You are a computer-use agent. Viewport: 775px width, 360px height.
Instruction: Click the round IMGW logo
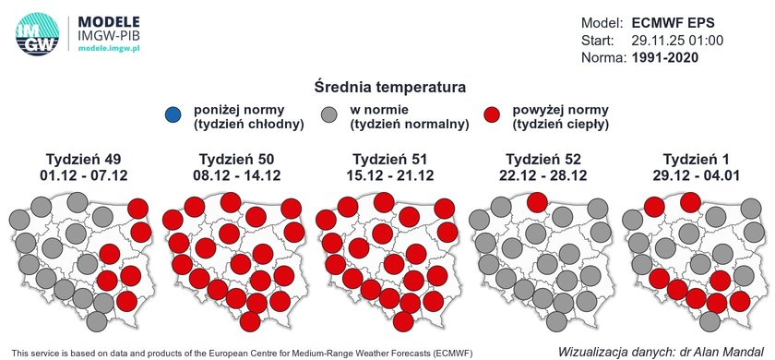point(37,33)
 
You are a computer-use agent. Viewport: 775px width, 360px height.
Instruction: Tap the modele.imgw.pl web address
point(109,49)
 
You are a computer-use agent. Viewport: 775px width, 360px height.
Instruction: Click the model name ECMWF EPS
point(673,23)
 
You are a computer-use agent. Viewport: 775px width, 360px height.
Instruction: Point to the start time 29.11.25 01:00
point(677,41)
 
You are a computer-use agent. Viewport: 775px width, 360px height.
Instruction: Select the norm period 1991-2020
point(665,58)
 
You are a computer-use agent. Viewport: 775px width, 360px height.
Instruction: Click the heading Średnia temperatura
point(389,88)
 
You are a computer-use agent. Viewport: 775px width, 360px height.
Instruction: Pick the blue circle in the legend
point(174,115)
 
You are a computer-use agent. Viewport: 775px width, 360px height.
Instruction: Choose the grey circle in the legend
point(328,114)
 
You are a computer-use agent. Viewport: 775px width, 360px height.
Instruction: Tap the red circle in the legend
point(491,114)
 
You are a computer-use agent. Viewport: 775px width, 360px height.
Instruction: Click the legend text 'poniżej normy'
point(239,109)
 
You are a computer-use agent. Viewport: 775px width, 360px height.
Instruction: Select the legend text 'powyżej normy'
point(561,109)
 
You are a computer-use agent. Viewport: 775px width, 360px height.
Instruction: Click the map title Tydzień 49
point(84,159)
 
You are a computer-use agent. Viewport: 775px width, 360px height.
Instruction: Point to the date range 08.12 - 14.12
point(237,175)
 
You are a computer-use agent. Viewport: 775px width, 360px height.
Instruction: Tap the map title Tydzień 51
point(390,159)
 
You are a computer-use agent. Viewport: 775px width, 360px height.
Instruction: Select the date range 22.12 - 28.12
point(543,175)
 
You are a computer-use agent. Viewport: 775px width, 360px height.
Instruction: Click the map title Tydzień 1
point(697,159)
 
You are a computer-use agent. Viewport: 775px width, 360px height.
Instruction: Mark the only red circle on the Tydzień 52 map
point(537,203)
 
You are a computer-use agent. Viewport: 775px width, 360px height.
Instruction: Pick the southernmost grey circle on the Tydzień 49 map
point(97,321)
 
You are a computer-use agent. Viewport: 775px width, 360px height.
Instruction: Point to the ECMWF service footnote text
point(242,353)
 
